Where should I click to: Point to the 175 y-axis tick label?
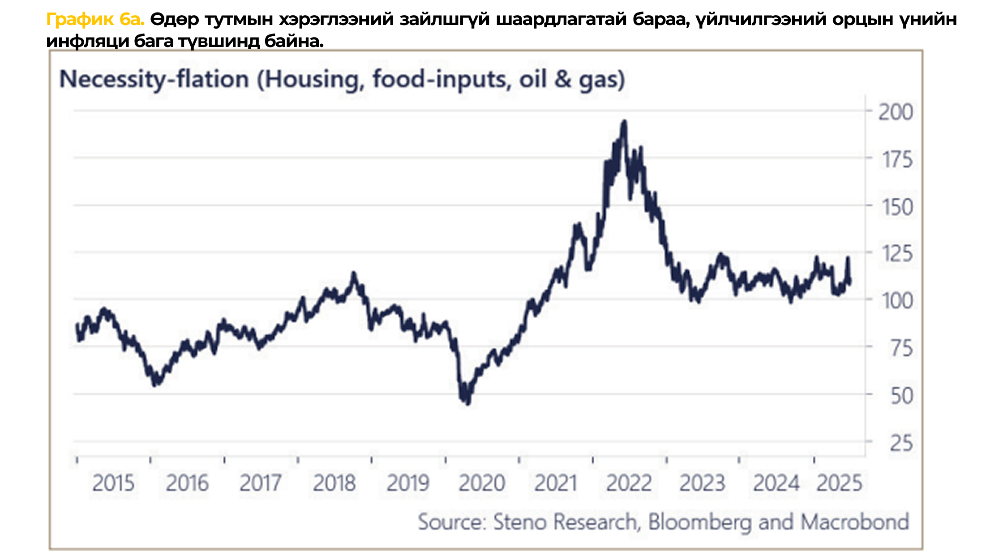pos(897,159)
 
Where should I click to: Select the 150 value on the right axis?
pos(897,207)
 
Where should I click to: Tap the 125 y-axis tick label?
pos(897,254)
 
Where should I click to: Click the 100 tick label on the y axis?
pos(897,301)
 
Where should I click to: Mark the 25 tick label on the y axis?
pos(901,443)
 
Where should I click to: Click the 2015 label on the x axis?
pos(113,483)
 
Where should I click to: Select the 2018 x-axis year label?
pos(334,483)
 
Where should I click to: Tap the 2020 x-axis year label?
pos(482,483)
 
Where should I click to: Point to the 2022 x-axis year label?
pos(629,483)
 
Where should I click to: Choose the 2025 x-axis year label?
pos(839,483)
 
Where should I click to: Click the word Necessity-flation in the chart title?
pos(154,80)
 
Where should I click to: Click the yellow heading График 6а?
pos(95,20)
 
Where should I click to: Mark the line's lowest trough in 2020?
pos(468,403)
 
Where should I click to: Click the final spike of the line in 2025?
pos(848,258)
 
